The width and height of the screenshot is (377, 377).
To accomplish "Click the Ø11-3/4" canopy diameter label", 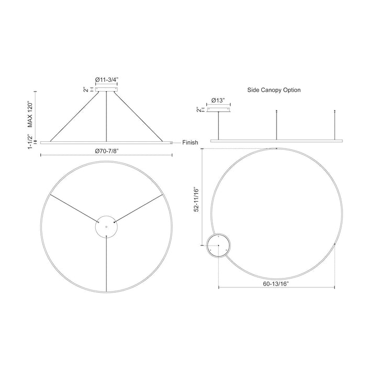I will point(107,79).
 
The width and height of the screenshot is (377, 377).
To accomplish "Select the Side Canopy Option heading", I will point(274,90).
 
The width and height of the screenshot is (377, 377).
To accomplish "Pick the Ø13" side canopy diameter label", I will point(218,100).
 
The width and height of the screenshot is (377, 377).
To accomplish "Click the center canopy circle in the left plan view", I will point(106,226).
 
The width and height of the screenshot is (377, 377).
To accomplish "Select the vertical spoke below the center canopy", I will point(106,264).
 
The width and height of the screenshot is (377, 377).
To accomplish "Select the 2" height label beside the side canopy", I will point(198,110).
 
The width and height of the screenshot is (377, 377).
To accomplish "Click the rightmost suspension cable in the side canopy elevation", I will point(335,125).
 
